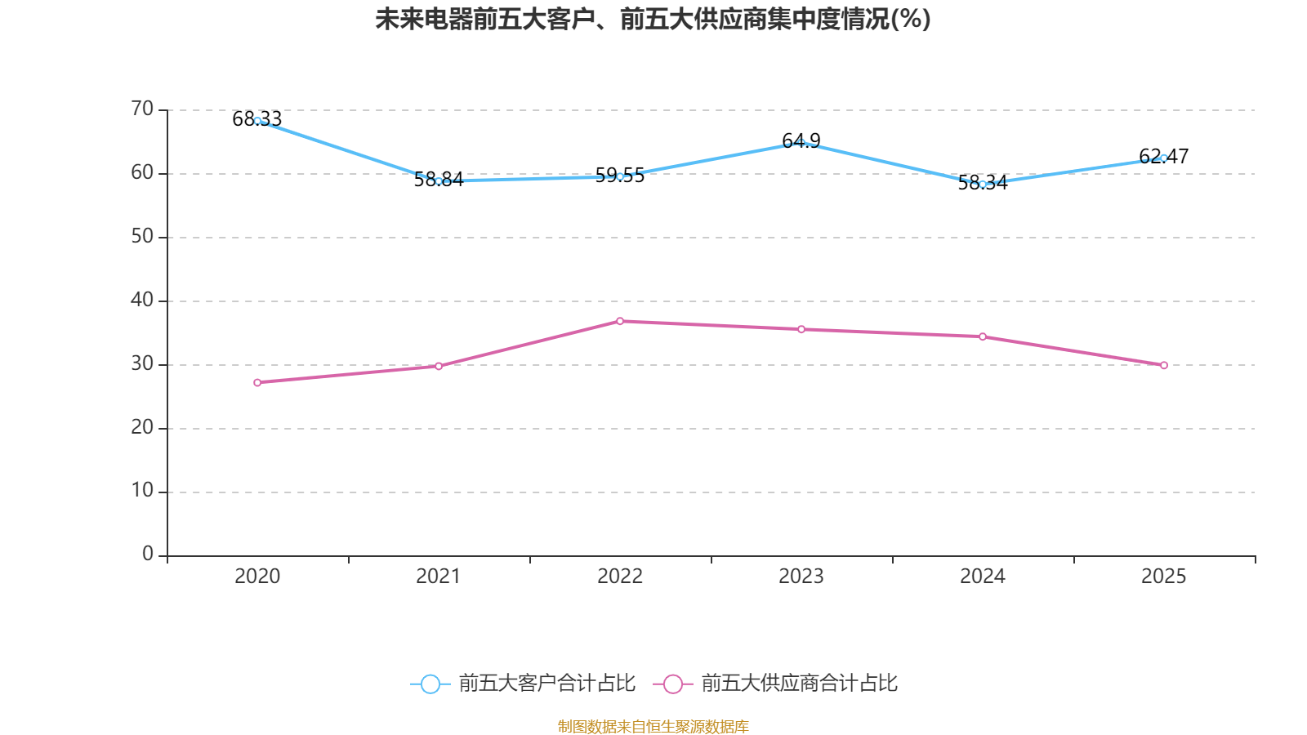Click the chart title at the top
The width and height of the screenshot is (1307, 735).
click(653, 20)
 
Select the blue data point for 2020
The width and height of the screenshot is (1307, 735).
click(257, 121)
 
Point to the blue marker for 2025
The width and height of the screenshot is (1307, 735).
click(1163, 158)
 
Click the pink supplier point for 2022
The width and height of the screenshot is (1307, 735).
click(620, 322)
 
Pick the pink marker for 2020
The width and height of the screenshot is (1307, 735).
click(257, 383)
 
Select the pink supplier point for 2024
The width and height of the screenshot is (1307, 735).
click(983, 336)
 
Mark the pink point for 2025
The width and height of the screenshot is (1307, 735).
click(1163, 365)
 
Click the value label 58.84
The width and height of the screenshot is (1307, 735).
click(439, 179)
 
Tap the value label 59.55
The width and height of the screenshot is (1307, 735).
click(620, 175)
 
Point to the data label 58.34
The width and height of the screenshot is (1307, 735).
click(983, 183)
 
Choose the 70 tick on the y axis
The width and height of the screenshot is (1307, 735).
click(142, 109)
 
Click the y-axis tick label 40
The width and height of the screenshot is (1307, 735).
click(142, 301)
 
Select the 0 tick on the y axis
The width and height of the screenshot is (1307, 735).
click(148, 555)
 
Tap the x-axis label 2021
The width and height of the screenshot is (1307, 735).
click(438, 577)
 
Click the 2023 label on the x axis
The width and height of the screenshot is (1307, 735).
click(801, 577)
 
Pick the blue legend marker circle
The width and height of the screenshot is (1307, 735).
click(430, 684)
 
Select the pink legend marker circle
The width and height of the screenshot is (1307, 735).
click(673, 684)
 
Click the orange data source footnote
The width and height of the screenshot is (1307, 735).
click(653, 726)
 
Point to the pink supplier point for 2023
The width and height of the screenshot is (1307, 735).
click(801, 330)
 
